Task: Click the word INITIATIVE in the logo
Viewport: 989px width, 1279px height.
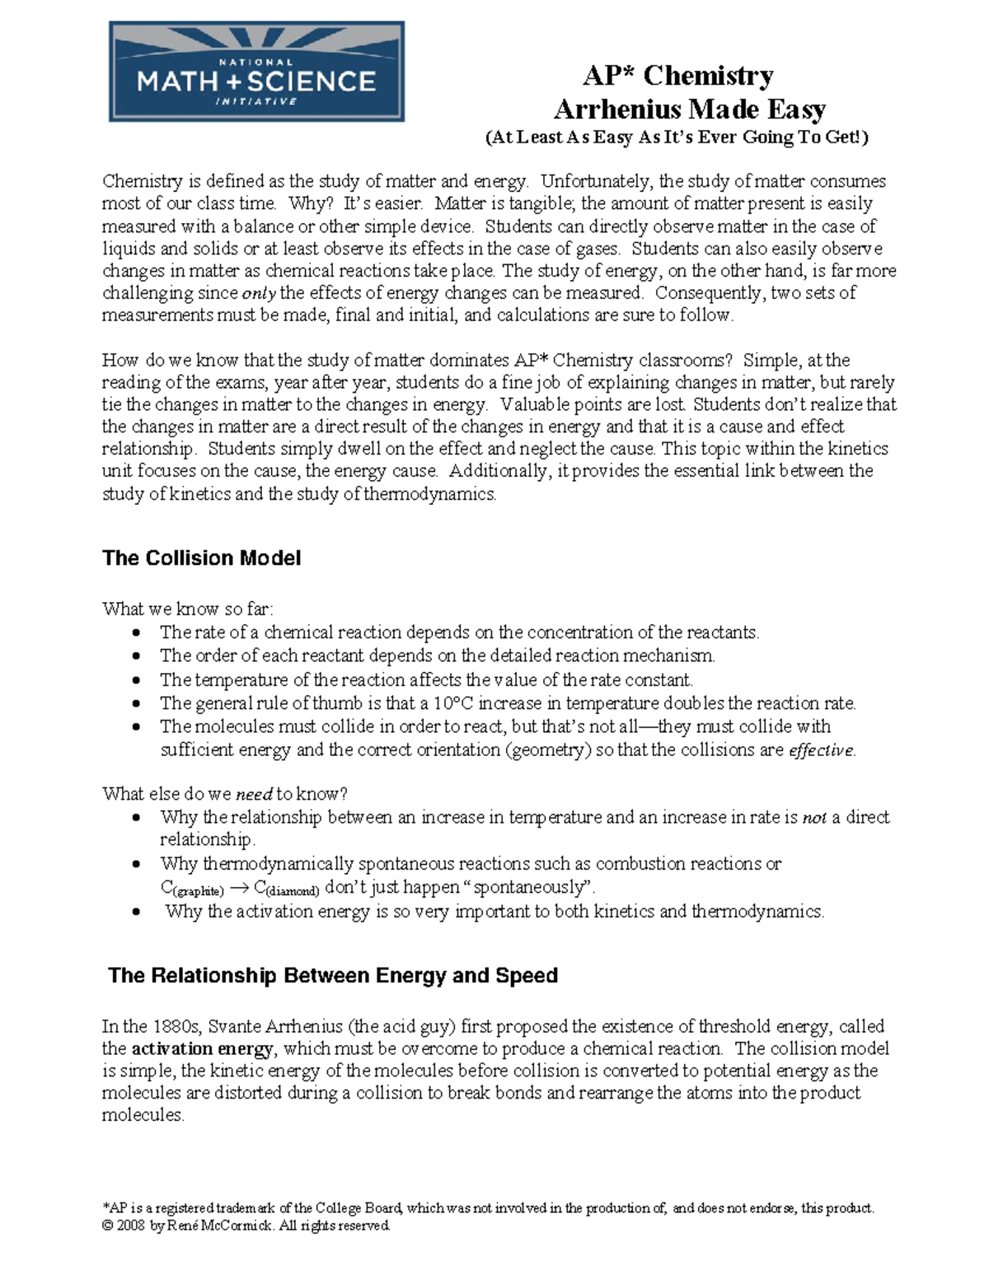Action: [x=255, y=101]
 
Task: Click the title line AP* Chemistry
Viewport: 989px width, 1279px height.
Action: [x=677, y=76]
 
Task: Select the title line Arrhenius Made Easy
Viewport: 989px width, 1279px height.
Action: [x=689, y=109]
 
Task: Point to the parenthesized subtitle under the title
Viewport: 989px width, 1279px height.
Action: [x=677, y=138]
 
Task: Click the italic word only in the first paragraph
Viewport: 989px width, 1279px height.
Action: [x=259, y=293]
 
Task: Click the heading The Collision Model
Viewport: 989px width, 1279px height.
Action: [x=201, y=558]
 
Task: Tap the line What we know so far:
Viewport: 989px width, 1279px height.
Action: [x=188, y=609]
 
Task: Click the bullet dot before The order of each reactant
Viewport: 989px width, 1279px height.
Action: [x=137, y=656]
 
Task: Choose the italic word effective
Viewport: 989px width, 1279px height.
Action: [x=822, y=750]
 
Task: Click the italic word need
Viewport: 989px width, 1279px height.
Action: [x=254, y=795]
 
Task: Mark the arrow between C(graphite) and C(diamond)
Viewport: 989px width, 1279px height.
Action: [x=238, y=888]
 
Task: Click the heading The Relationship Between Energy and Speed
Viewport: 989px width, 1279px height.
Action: [x=333, y=976]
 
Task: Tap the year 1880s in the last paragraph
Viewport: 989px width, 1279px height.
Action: [x=176, y=1026]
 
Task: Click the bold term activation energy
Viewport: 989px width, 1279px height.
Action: [x=203, y=1049]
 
